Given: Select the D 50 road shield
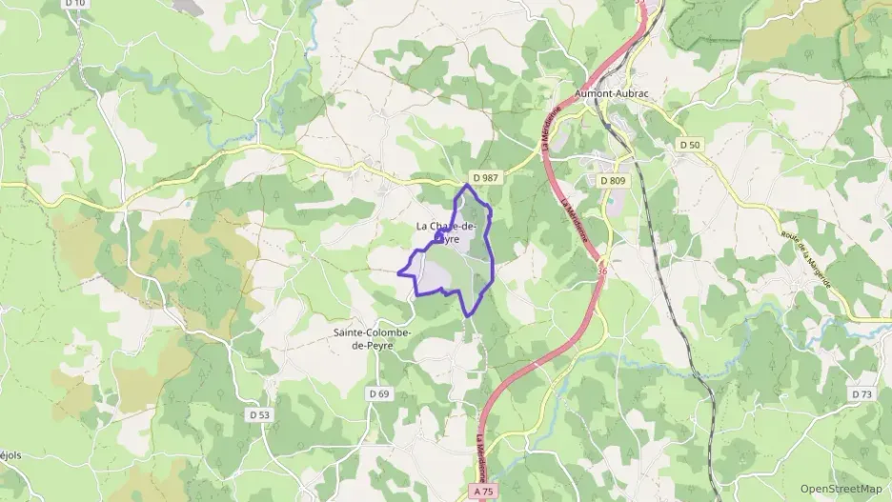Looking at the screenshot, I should pyautogui.click(x=690, y=144).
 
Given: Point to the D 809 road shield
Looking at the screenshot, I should pyautogui.click(x=612, y=180).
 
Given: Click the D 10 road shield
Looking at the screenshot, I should pyautogui.click(x=75, y=4).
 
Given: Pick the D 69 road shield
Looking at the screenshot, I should pyautogui.click(x=378, y=393).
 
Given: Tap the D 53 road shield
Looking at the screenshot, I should pyautogui.click(x=259, y=414).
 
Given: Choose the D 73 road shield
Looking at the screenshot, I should pyautogui.click(x=862, y=393).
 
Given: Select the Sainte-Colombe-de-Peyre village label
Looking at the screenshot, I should pyautogui.click(x=372, y=338).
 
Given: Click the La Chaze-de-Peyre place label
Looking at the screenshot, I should pyautogui.click(x=446, y=232).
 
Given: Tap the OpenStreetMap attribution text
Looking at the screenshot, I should pyautogui.click(x=841, y=489).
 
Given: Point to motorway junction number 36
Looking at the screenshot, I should pyautogui.click(x=601, y=271).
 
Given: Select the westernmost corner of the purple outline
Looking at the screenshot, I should pyautogui.click(x=398, y=272).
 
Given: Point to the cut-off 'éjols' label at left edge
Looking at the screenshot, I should pyautogui.click(x=10, y=455).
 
